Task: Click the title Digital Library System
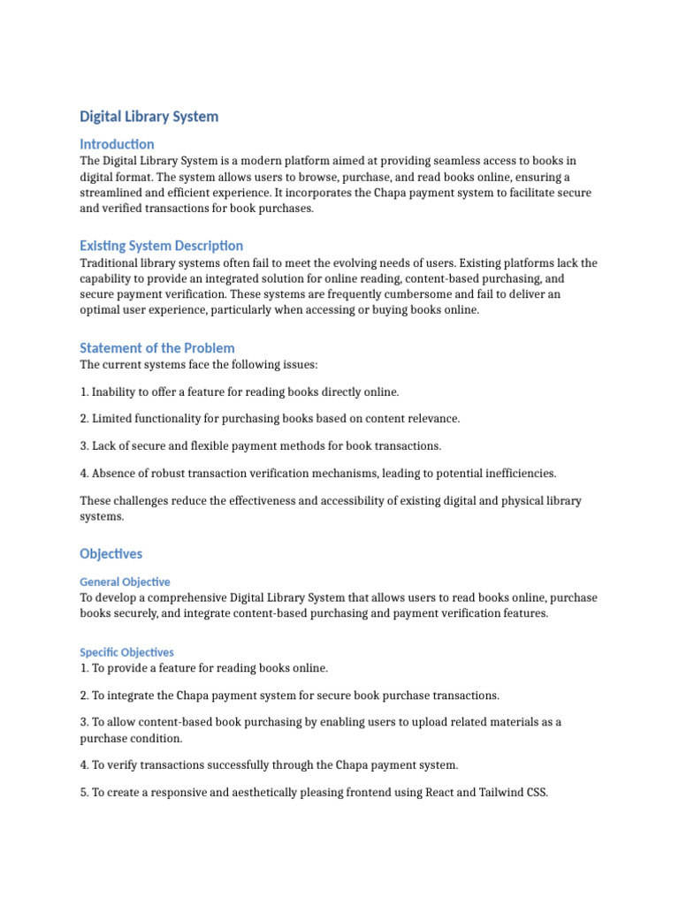(x=149, y=117)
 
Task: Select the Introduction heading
(x=117, y=144)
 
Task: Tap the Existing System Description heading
(x=161, y=246)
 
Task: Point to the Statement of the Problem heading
(x=156, y=348)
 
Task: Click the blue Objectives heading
(x=111, y=554)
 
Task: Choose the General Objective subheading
(x=125, y=582)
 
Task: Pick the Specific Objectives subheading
(x=126, y=652)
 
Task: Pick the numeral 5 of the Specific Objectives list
(x=83, y=793)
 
